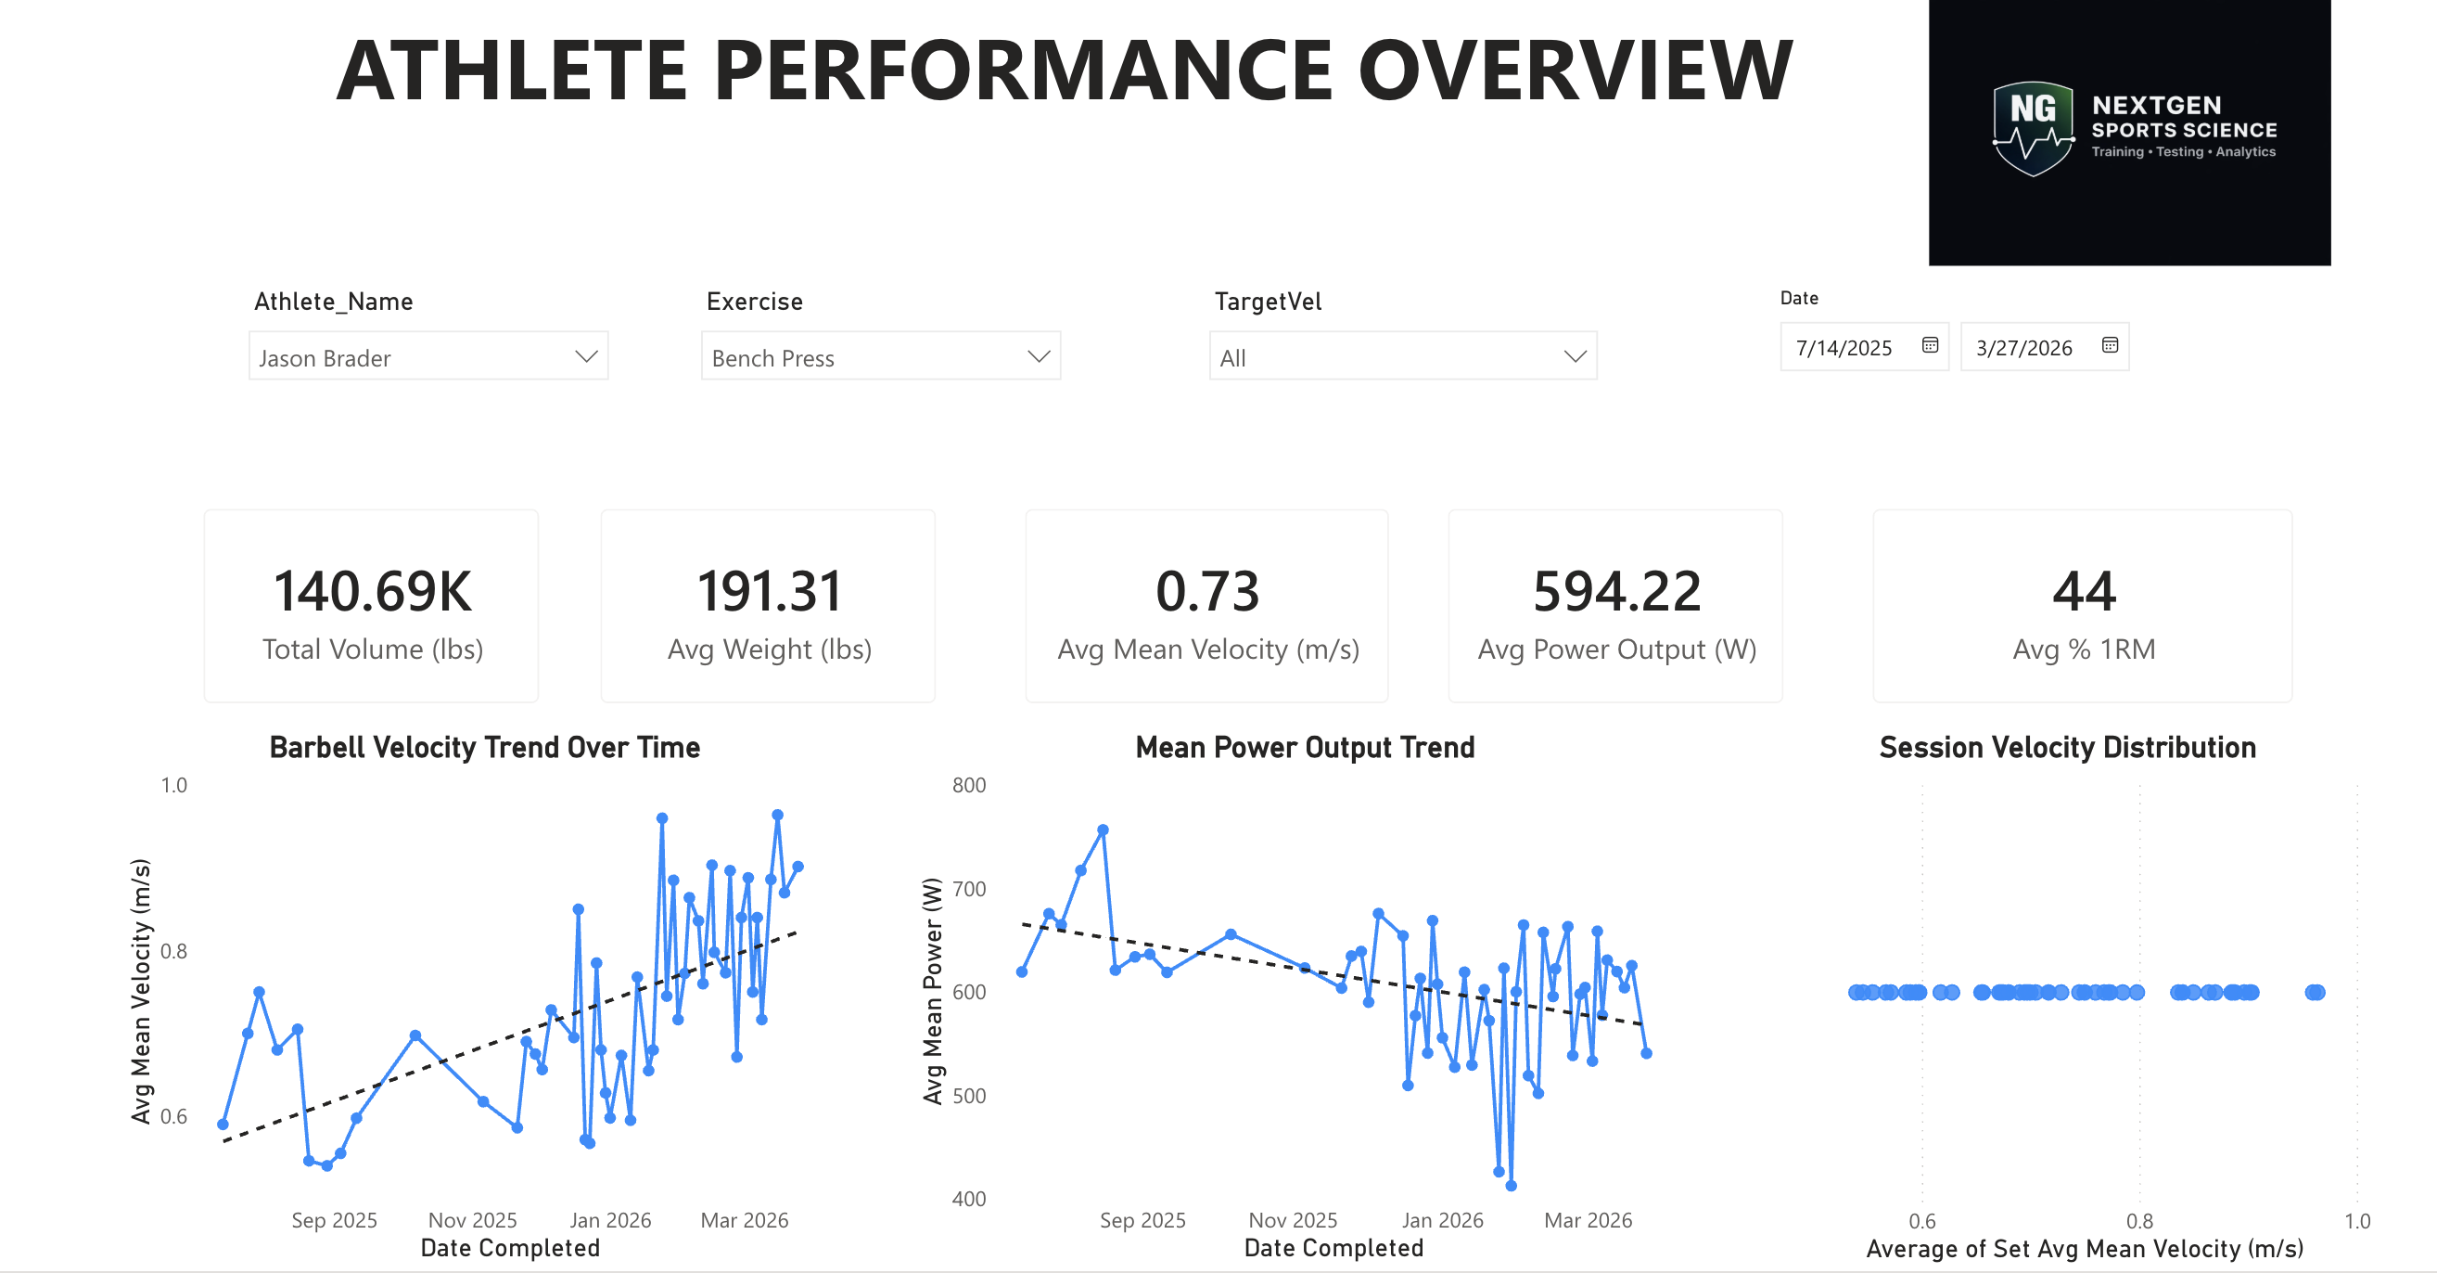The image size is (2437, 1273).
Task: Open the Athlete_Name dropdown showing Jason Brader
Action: tap(427, 357)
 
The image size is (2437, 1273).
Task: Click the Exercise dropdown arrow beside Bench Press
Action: tap(1039, 357)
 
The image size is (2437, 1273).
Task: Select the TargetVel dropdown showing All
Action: tap(1402, 357)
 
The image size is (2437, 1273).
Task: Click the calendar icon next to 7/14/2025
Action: tap(1930, 345)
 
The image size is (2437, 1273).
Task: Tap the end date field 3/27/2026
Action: tap(2024, 347)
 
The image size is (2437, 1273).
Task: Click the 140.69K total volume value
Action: tap(372, 592)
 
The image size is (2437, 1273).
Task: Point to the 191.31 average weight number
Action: tap(768, 592)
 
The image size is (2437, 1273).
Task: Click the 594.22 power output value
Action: tap(1615, 592)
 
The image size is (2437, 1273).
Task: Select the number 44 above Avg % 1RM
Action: tap(2083, 592)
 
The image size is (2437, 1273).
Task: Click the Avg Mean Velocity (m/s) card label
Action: tap(1207, 649)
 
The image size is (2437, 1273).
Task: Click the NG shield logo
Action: tap(2032, 129)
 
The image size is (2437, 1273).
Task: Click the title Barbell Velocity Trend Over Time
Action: tap(484, 748)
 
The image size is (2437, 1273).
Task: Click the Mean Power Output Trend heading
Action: tap(1304, 748)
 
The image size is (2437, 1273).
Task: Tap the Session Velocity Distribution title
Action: tap(2067, 748)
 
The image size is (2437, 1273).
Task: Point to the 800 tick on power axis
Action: tap(968, 786)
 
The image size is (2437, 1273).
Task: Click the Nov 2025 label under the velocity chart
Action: tap(472, 1220)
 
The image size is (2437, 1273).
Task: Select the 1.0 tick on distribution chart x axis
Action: tap(2356, 1221)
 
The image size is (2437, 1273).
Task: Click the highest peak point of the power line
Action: tap(1103, 830)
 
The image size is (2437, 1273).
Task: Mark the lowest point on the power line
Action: tap(1511, 1185)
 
